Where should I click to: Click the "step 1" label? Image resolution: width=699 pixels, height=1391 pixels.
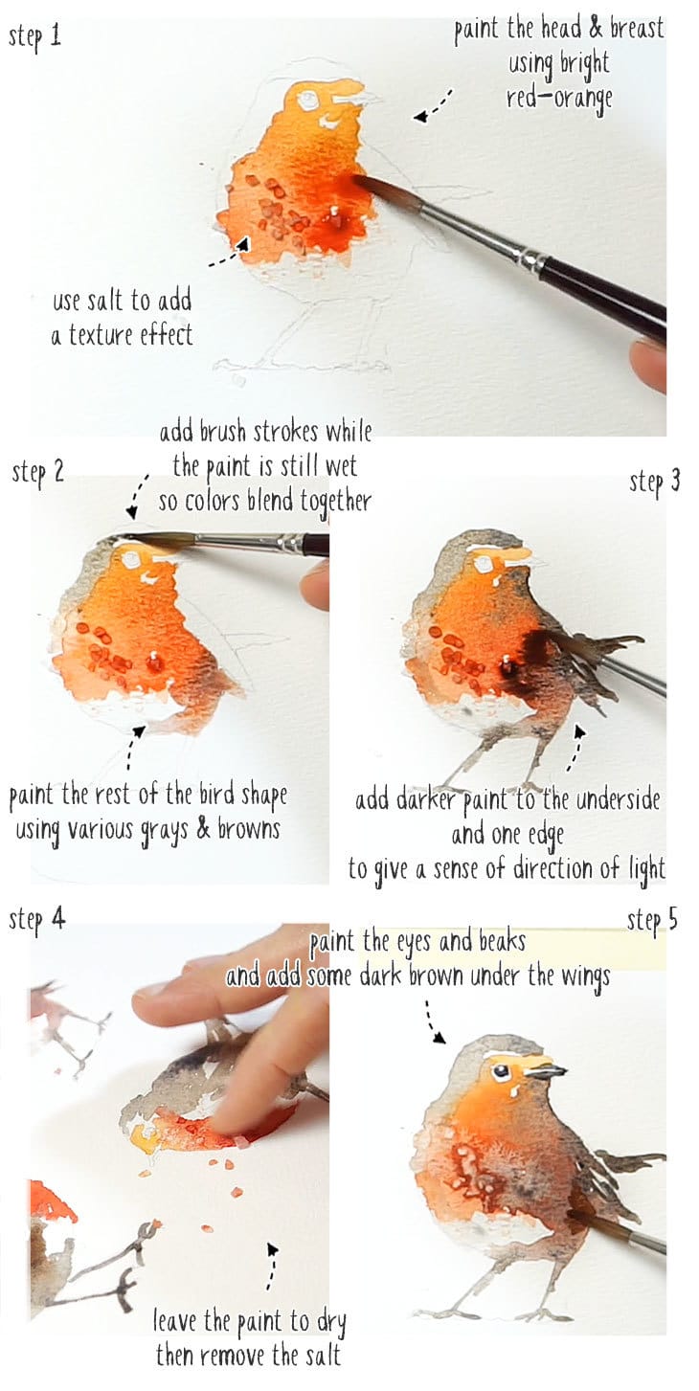point(34,39)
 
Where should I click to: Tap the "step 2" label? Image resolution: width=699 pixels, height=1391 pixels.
point(37,473)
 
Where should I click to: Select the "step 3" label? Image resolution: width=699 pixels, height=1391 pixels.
point(655,482)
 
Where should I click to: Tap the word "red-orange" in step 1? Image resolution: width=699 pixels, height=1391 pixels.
point(559,99)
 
